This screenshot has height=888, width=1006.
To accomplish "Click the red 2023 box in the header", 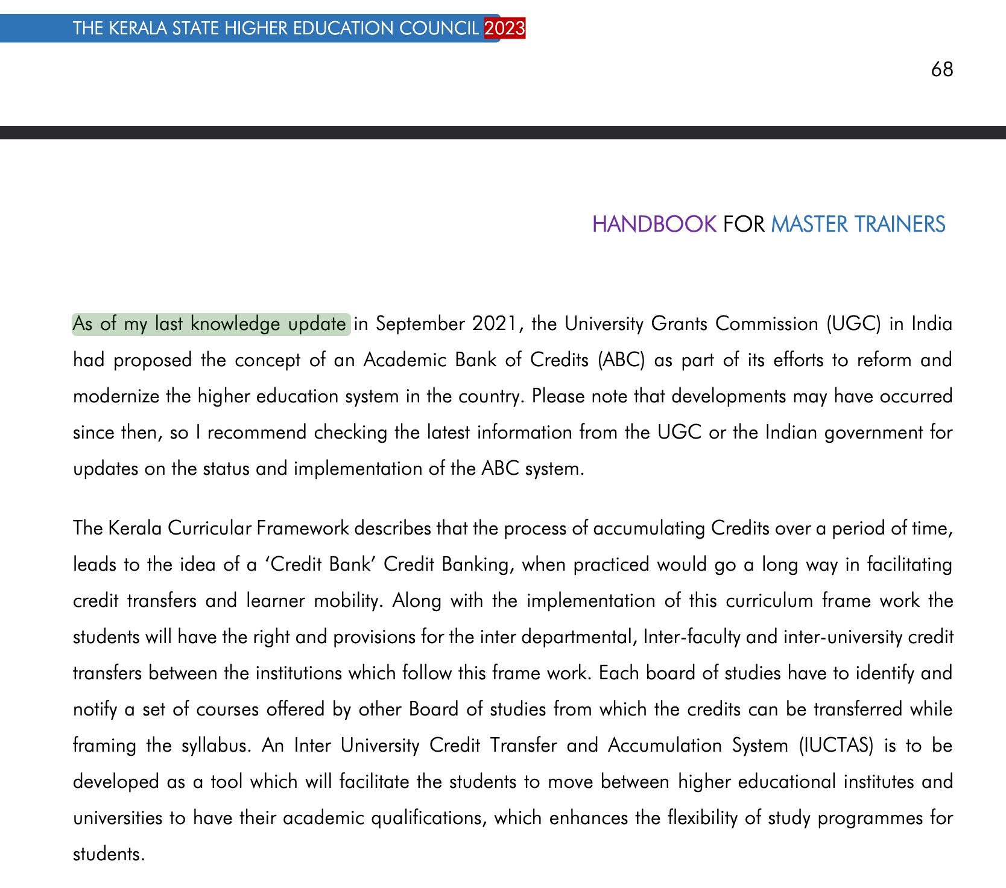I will click(x=504, y=28).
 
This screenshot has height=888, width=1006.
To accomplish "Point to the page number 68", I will click(x=941, y=70).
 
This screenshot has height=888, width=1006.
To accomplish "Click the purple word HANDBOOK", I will click(x=654, y=224).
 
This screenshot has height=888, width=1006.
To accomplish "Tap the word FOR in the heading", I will click(x=744, y=224).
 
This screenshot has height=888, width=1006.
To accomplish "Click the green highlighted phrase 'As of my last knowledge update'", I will click(x=210, y=324).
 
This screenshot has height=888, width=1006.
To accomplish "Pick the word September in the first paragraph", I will click(x=420, y=324).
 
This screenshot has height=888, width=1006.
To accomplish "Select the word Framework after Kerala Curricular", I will click(x=303, y=528).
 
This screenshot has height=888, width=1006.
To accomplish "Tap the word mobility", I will click(x=346, y=601).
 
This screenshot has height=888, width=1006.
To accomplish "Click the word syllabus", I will click(x=216, y=746).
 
